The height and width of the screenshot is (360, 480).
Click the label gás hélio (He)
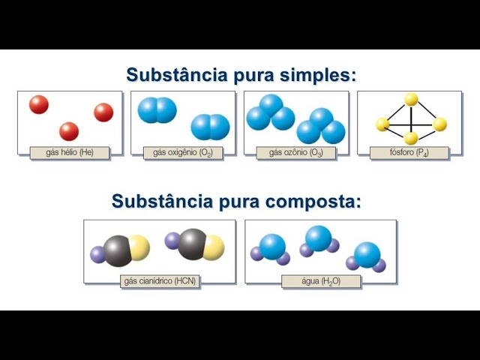click(x=70, y=152)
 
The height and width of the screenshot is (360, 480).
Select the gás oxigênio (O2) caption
click(x=183, y=152)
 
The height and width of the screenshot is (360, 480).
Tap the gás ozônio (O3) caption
click(x=296, y=152)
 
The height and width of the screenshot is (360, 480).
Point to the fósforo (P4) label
click(x=409, y=152)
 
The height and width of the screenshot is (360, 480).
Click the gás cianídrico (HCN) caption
click(x=159, y=281)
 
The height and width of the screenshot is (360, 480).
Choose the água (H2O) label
click(x=320, y=281)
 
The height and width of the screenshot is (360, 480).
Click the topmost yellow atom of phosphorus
click(x=411, y=99)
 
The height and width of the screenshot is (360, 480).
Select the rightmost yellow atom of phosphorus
click(x=440, y=124)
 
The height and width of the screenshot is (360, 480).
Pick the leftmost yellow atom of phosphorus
click(x=382, y=124)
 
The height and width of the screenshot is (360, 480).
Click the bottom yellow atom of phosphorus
click(x=411, y=138)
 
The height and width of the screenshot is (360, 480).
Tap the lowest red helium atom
click(x=69, y=131)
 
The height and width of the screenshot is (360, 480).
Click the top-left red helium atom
click(x=39, y=104)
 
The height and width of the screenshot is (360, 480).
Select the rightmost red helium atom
click(x=103, y=112)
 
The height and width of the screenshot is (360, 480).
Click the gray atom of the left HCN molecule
click(x=118, y=249)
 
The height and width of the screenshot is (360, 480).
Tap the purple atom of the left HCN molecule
click(x=97, y=254)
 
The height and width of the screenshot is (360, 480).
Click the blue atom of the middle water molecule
click(x=319, y=238)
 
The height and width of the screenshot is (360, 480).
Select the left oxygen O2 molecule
click(x=157, y=110)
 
